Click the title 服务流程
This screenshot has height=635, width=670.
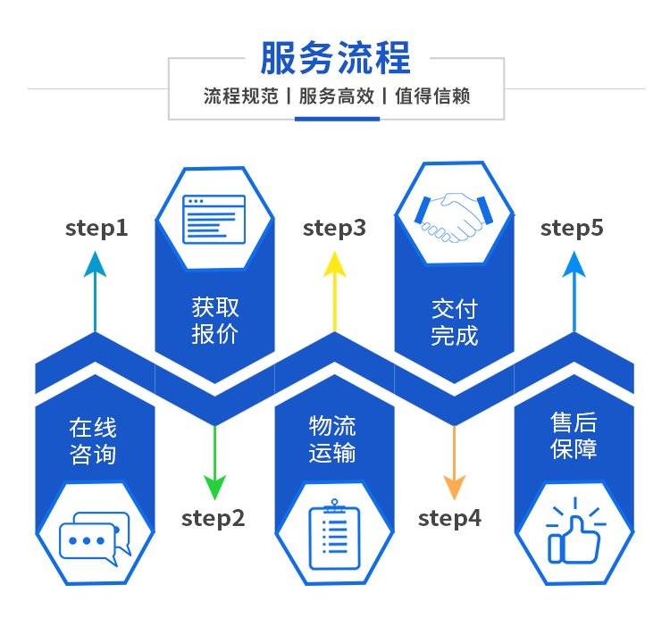(335, 58)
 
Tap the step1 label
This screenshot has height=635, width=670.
(96, 229)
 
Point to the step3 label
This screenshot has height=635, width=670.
(334, 229)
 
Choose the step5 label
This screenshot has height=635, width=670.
(572, 229)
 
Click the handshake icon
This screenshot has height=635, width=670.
(455, 217)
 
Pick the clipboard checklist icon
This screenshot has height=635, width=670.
(334, 537)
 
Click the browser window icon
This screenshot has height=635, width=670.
(214, 219)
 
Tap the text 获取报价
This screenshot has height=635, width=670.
(215, 322)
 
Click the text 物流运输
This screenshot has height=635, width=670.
(333, 439)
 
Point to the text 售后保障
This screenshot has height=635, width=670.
(574, 436)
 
